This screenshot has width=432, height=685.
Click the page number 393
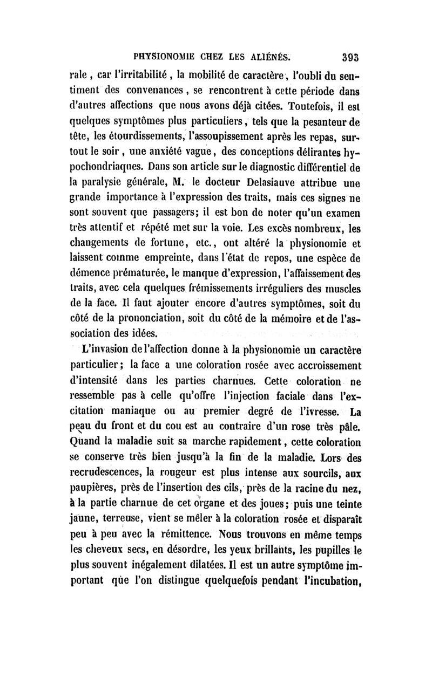point(352,54)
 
